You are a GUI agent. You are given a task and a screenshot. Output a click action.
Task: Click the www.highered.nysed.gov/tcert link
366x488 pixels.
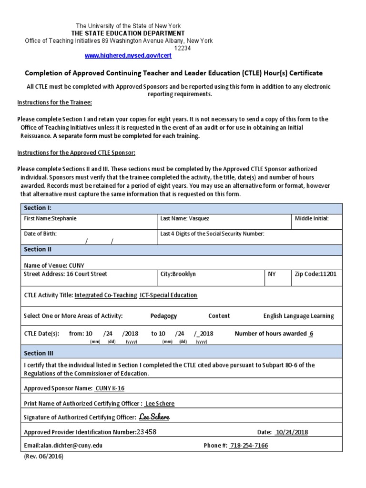[128, 56]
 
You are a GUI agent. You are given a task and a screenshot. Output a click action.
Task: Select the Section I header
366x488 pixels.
[38, 208]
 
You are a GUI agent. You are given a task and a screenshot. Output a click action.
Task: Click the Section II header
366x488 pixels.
[38, 249]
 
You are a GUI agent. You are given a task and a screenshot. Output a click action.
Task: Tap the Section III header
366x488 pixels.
[39, 353]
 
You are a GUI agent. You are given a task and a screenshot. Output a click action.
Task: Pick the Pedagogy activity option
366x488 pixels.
[163, 316]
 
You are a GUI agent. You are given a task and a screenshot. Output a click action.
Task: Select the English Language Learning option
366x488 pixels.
[298, 316]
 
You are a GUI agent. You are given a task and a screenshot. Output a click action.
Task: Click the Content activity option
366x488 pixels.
[219, 316]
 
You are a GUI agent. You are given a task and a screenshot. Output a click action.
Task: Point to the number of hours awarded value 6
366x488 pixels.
[311, 334]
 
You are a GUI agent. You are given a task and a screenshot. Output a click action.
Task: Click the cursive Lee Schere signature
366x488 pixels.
[154, 417]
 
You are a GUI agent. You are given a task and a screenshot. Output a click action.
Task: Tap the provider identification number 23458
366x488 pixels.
[146, 432]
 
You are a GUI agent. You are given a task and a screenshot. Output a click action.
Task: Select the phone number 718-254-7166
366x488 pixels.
[248, 446]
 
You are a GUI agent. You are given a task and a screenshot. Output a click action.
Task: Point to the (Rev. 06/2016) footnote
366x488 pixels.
[43, 457]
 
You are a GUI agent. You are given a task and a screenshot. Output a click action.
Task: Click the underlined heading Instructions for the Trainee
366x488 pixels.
[54, 102]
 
